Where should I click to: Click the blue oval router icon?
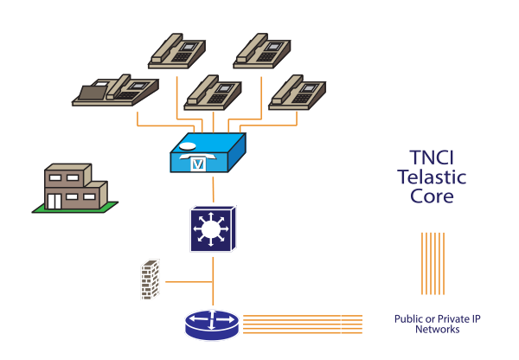[212, 324]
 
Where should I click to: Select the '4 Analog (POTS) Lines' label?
[267, 27]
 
